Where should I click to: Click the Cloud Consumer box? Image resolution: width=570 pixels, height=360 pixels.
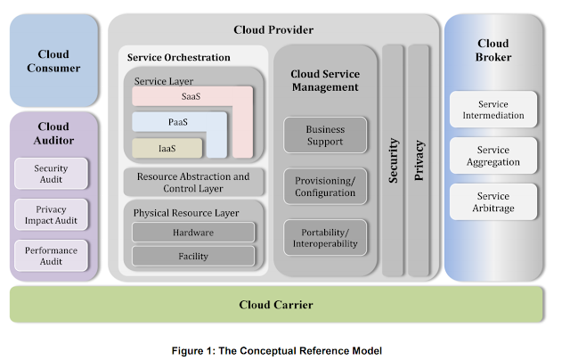point(52,61)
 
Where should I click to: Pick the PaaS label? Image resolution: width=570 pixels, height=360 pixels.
point(178,122)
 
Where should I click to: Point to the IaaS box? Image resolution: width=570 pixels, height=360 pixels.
point(167,148)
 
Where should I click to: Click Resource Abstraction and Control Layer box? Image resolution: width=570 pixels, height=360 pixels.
point(193,183)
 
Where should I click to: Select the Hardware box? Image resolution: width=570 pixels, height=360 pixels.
point(193,232)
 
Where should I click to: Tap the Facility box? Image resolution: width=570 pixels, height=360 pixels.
point(193,257)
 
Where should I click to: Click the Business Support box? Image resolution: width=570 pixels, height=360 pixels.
point(325,135)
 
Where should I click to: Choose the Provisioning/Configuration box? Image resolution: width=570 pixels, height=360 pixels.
point(325,186)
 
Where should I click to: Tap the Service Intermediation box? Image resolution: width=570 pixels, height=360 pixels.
point(493,109)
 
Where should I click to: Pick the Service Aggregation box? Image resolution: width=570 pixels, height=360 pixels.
point(493,155)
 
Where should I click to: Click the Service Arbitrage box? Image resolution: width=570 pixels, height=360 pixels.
point(493,201)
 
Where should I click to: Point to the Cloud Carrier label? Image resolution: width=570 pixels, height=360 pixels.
point(276,305)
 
